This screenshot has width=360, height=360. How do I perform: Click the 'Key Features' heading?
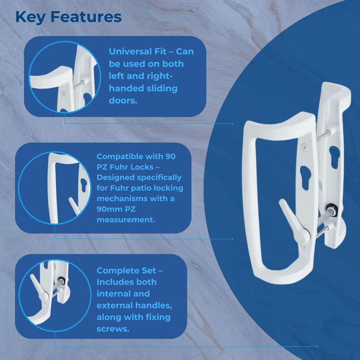click(x=68, y=17)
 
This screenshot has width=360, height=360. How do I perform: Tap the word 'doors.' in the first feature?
click(x=122, y=100)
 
